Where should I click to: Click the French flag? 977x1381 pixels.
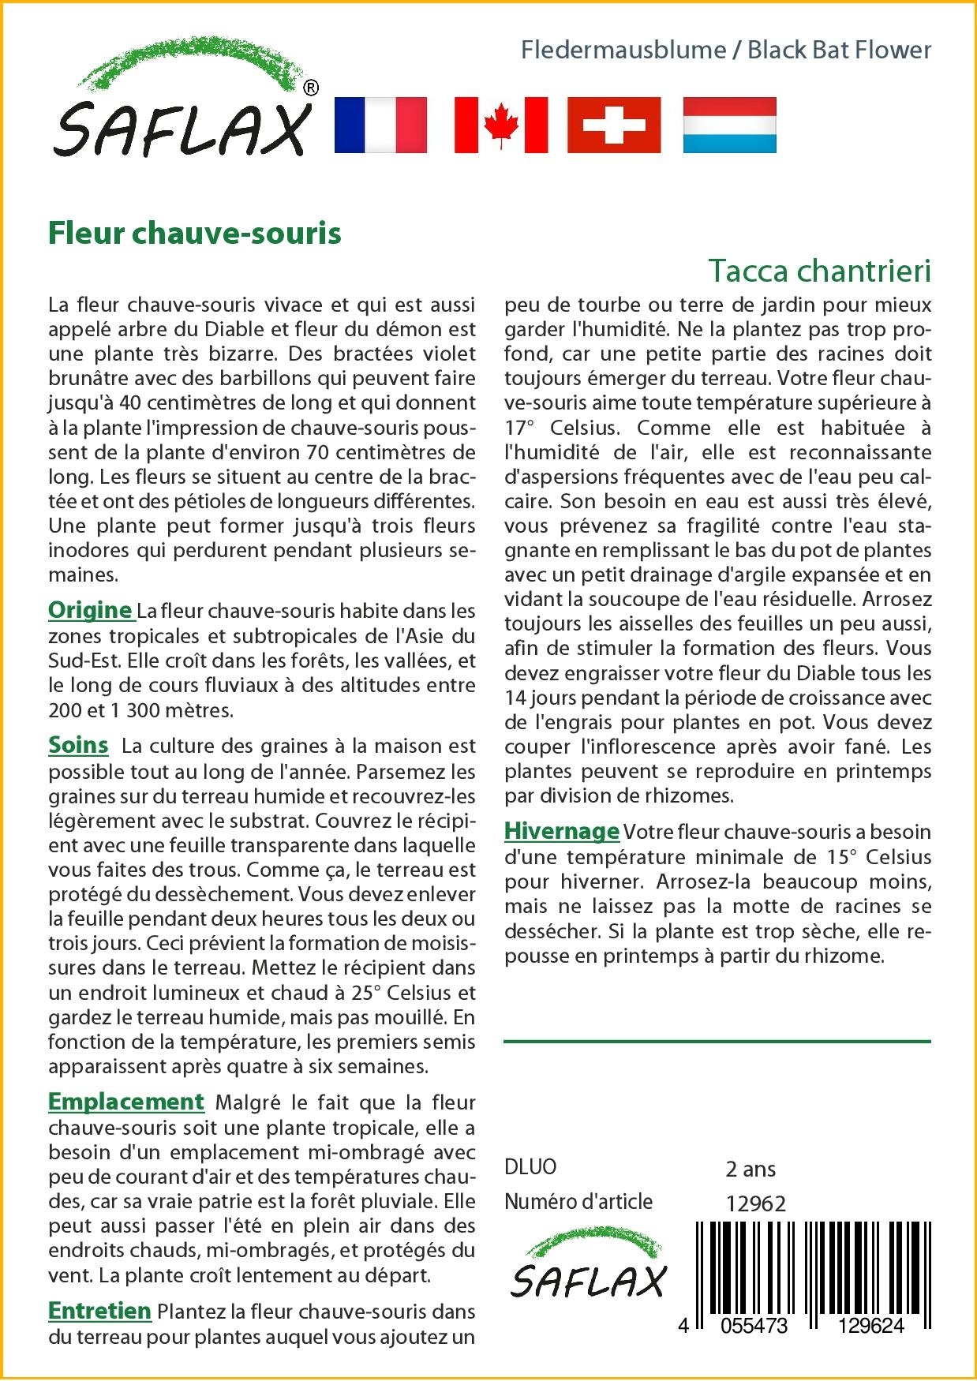[x=380, y=125]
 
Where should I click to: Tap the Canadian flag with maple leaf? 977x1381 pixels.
[x=501, y=125]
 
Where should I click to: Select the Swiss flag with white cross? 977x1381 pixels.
[x=614, y=125]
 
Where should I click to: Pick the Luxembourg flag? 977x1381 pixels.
[x=729, y=125]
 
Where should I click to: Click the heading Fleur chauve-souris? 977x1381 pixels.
[x=195, y=233]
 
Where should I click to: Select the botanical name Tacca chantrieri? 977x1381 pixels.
[x=819, y=271]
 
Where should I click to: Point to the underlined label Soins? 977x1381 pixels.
[x=78, y=745]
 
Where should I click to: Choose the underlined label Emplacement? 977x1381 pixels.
[x=126, y=1102]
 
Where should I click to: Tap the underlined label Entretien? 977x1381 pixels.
[x=99, y=1311]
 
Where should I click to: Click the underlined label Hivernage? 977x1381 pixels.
[x=562, y=831]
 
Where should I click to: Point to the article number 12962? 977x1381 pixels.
[x=755, y=1203]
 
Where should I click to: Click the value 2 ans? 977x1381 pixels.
[x=750, y=1169]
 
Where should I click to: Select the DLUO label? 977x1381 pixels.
[x=530, y=1167]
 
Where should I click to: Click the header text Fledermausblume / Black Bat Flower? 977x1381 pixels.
[x=726, y=51]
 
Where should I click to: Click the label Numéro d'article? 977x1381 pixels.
[x=578, y=1202]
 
